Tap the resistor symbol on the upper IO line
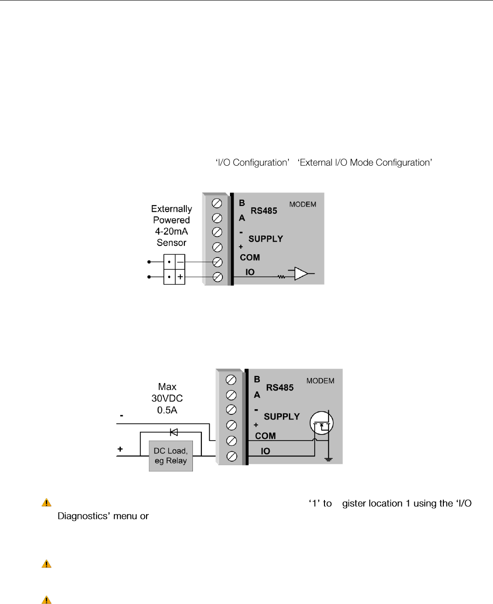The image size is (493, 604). [x=281, y=277]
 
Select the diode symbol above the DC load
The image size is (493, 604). [x=174, y=432]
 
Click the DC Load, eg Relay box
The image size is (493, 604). [x=171, y=456]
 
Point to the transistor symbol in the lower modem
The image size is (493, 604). [x=322, y=423]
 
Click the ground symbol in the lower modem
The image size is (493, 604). [x=328, y=459]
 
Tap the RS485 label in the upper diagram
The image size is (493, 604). [x=264, y=211]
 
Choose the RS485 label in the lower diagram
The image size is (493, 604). [x=280, y=388]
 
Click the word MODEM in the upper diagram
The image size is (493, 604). [x=302, y=204]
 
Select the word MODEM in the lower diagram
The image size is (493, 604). [x=320, y=381]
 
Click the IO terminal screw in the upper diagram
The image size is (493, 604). [x=218, y=277]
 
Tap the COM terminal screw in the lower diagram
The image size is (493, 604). [x=231, y=441]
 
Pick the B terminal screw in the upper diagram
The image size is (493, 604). [x=217, y=203]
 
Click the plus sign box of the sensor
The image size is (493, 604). [x=180, y=277]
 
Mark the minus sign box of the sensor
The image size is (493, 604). [x=180, y=262]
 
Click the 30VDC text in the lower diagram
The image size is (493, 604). [x=167, y=398]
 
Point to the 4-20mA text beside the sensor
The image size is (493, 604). [x=171, y=231]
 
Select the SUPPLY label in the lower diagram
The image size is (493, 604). [x=281, y=417]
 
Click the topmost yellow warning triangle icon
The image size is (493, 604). [x=46, y=503]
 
